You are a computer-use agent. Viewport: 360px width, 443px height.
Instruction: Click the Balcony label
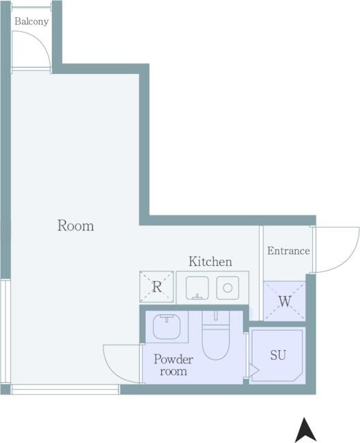[31, 21]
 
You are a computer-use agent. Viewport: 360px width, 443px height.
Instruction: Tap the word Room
[75, 226]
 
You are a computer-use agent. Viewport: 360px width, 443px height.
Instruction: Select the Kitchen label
[210, 262]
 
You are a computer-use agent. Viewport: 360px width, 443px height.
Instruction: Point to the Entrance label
[288, 251]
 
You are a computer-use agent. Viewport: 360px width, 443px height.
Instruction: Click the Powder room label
[174, 365]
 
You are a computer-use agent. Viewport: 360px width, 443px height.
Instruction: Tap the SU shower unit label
[278, 355]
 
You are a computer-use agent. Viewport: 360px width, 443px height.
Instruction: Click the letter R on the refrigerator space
[157, 287]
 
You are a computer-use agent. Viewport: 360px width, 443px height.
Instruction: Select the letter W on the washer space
[285, 301]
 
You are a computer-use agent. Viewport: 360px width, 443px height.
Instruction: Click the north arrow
[305, 429]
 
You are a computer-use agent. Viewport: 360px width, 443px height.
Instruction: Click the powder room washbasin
[167, 327]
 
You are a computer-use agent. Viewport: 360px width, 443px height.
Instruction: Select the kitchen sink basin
[197, 288]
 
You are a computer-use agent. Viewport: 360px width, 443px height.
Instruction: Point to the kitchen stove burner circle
[228, 288]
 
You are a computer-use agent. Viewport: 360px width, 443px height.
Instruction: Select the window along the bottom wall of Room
[65, 389]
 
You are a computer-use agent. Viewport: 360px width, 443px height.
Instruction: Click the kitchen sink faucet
[197, 296]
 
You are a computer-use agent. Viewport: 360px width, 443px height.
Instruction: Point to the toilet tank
[215, 318]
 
